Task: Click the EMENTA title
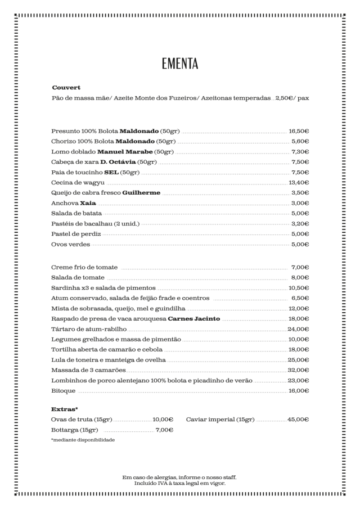coord(179,63)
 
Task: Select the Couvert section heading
coord(66,88)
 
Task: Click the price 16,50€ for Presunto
coord(299,131)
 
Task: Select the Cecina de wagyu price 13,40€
coord(299,182)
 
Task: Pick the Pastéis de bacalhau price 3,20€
coord(300,223)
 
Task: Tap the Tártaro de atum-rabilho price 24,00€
coord(298,328)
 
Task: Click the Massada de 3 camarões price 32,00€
coord(298,370)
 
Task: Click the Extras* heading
coord(65,409)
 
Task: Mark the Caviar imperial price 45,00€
coord(298,420)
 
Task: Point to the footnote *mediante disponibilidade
coord(83,440)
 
